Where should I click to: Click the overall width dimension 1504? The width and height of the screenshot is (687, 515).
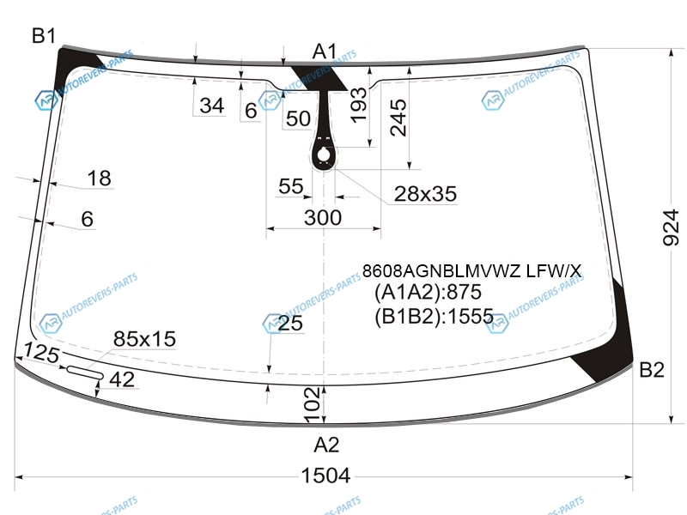pyautogui.click(x=325, y=476)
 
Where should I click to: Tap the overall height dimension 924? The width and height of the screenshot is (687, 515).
pyautogui.click(x=671, y=227)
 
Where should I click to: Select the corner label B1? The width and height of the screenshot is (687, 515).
pyautogui.click(x=44, y=35)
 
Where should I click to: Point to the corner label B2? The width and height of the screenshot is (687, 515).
pyautogui.click(x=652, y=370)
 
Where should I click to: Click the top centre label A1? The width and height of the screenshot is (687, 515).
pyautogui.click(x=325, y=51)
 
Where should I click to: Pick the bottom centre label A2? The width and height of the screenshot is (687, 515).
pyautogui.click(x=326, y=445)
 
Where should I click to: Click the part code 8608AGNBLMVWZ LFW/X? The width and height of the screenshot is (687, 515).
pyautogui.click(x=471, y=271)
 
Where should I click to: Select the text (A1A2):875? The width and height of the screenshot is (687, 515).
pyautogui.click(x=428, y=292)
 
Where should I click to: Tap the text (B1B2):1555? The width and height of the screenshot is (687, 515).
pyautogui.click(x=435, y=316)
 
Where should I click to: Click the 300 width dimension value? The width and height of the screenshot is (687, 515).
pyautogui.click(x=323, y=218)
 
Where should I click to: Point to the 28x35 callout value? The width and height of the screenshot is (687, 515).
pyautogui.click(x=425, y=194)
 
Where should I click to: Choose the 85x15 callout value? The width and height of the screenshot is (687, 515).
pyautogui.click(x=144, y=338)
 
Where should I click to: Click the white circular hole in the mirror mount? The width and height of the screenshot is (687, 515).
pyautogui.click(x=324, y=154)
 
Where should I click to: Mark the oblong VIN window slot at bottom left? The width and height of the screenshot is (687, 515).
pyautogui.click(x=85, y=373)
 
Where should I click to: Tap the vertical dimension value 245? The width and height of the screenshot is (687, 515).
pyautogui.click(x=398, y=118)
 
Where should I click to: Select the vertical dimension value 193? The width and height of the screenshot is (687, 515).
pyautogui.click(x=358, y=105)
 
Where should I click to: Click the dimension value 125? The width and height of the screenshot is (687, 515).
pyautogui.click(x=41, y=353)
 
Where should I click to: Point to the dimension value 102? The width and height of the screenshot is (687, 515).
pyautogui.click(x=312, y=405)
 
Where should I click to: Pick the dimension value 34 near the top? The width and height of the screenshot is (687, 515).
pyautogui.click(x=212, y=106)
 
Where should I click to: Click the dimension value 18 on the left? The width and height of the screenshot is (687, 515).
pyautogui.click(x=99, y=179)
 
